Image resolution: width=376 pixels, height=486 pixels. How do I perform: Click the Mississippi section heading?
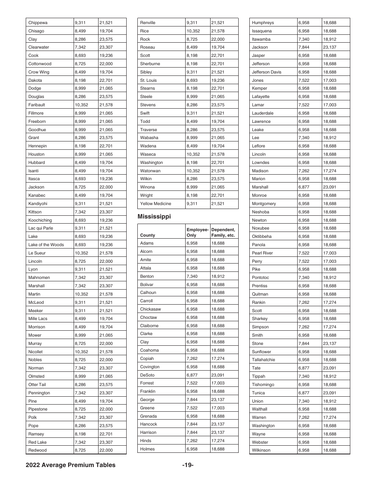[154, 217]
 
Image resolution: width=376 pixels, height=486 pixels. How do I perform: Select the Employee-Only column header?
[197, 232]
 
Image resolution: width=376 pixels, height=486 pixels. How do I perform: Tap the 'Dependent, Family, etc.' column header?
[223, 232]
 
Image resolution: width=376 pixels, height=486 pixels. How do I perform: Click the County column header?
[148, 235]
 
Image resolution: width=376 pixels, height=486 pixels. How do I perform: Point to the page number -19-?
[188, 465]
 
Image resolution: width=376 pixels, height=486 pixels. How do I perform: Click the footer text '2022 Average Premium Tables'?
[71, 465]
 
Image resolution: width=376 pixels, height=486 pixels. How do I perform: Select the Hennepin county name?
[37, 146]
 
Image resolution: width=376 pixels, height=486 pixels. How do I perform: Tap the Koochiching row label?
[40, 220]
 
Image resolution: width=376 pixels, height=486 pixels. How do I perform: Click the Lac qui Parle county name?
[40, 228]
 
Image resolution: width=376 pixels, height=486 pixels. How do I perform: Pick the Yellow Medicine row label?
[156, 203]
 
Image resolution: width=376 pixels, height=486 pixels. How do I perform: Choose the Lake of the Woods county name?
[46, 245]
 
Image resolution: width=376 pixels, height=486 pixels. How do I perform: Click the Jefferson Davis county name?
[266, 72]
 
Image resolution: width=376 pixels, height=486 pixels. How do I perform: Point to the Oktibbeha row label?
[262, 236]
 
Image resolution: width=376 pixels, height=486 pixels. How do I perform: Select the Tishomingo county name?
[263, 384]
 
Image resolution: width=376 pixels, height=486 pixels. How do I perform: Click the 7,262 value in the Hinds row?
[192, 441]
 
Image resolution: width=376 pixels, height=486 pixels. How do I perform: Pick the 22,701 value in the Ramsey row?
[106, 434]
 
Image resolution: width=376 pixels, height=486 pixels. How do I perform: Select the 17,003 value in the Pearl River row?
[329, 253]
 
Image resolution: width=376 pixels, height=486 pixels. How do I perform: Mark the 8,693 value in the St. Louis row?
[192, 80]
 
